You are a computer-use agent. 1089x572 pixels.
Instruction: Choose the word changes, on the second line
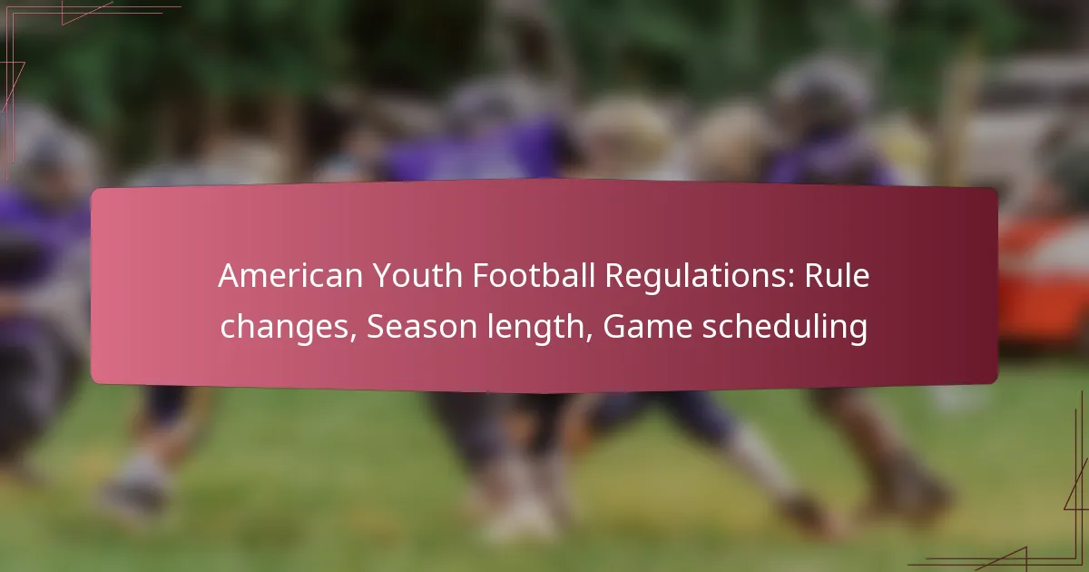pyautogui.click(x=288, y=328)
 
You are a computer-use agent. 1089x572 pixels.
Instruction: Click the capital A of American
pyautogui.click(x=227, y=277)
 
